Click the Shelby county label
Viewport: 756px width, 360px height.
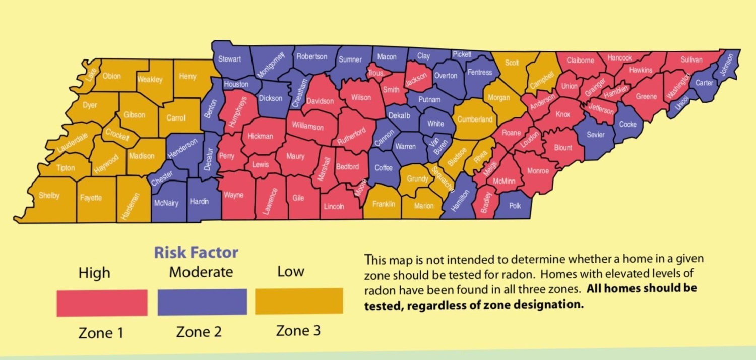point(49,196)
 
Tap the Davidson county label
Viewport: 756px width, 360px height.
point(320,101)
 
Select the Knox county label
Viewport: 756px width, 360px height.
point(563,114)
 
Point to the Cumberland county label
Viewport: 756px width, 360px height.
point(475,119)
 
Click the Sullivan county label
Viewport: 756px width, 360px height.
point(691,59)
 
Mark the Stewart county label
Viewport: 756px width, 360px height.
point(229,59)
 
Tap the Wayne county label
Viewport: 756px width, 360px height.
point(233,195)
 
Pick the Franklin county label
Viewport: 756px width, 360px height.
point(384,204)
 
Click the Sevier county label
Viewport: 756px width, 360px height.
point(595,135)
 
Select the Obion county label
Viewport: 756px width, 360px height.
point(111,76)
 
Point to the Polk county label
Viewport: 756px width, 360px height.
point(515,206)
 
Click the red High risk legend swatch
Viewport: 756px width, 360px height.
point(102,303)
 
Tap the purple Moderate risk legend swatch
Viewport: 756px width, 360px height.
point(202,302)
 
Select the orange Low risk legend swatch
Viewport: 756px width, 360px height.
point(299,301)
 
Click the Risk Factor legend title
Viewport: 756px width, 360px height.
point(196,252)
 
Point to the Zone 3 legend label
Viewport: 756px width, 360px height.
point(298,331)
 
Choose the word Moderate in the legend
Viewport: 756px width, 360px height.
point(201,272)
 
